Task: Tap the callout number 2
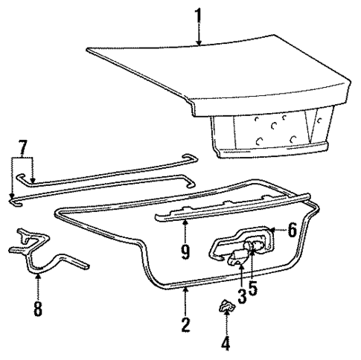click(x=186, y=324)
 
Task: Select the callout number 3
click(x=241, y=295)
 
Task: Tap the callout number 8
click(x=37, y=308)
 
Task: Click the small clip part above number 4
click(x=226, y=306)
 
